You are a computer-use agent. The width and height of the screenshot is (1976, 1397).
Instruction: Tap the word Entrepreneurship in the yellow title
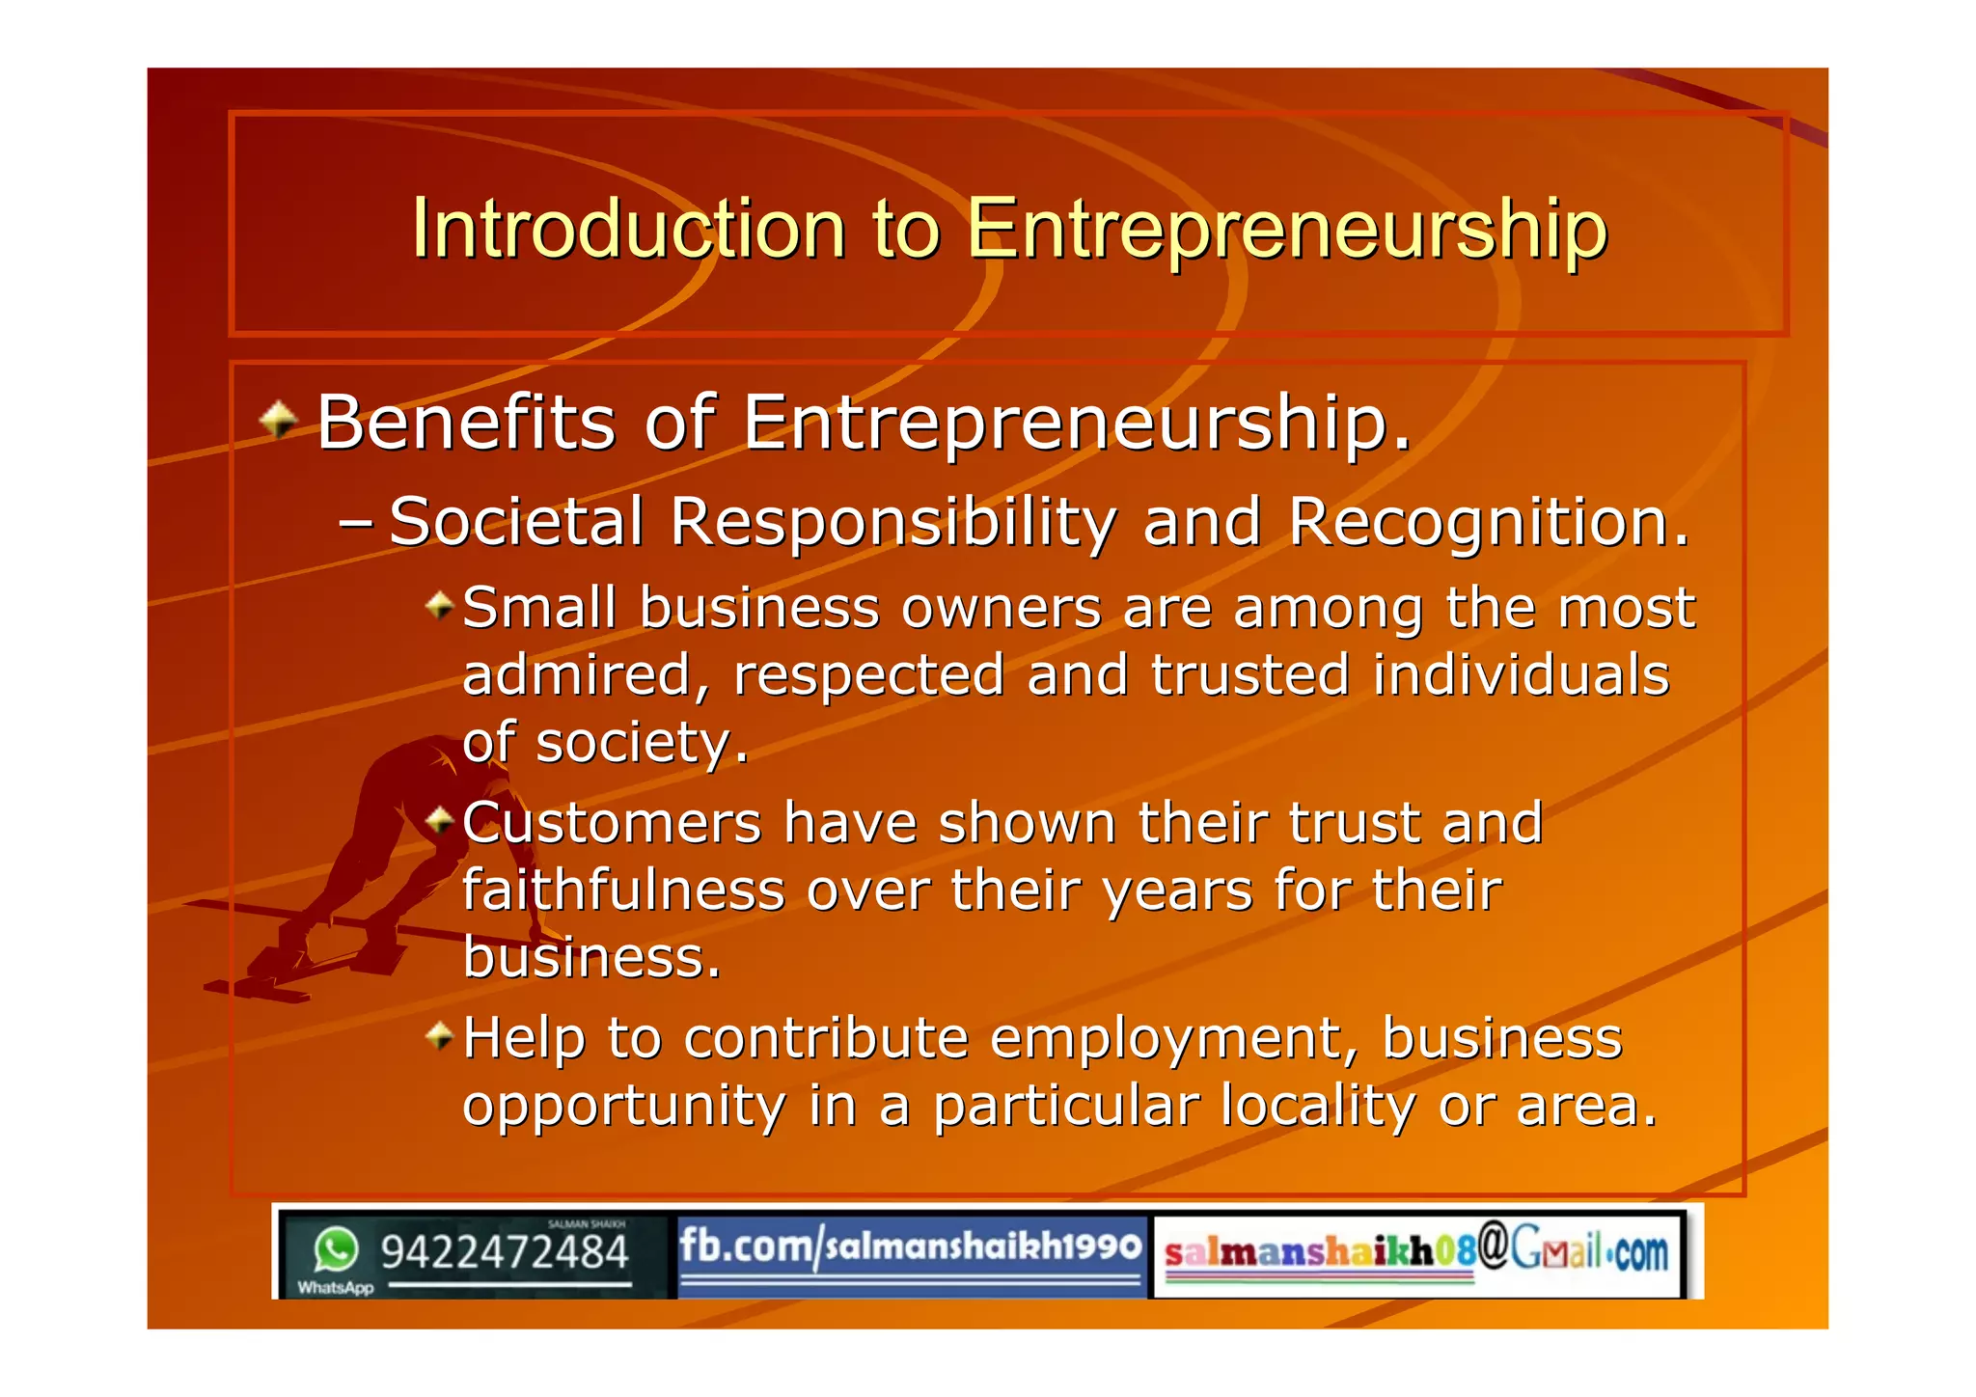[1286, 229]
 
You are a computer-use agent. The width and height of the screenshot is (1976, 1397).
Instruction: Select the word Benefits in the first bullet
[466, 423]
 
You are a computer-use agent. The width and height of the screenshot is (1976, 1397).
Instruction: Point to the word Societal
[516, 522]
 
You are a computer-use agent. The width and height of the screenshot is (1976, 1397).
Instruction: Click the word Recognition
[1489, 522]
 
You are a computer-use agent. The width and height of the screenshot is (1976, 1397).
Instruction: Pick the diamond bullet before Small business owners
[440, 606]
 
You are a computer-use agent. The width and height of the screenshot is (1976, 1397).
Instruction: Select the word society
[641, 743]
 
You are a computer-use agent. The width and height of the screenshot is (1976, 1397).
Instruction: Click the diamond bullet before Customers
[440, 821]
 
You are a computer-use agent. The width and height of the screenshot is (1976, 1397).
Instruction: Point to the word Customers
[613, 823]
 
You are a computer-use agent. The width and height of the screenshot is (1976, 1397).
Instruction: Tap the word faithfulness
[623, 890]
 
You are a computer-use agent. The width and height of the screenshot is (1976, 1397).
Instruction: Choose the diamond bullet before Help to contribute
[440, 1037]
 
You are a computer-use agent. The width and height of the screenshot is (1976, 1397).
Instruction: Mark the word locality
[1318, 1106]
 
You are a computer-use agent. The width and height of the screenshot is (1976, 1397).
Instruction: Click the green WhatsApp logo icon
[336, 1250]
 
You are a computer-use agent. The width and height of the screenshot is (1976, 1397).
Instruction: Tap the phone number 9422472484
[504, 1252]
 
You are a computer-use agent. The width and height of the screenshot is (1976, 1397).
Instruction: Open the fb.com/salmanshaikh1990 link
[910, 1246]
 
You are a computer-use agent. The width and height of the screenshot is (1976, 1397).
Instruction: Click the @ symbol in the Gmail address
[1493, 1246]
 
